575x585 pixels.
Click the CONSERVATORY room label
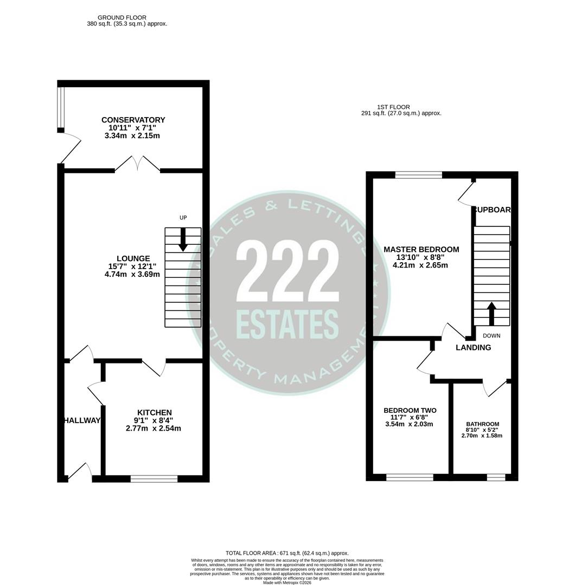click(x=133, y=120)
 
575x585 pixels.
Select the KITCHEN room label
click(x=154, y=413)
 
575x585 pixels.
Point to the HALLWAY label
click(x=82, y=421)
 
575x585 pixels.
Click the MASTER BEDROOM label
click(x=421, y=250)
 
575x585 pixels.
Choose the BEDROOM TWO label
click(x=410, y=411)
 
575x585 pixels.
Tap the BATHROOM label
click(x=482, y=424)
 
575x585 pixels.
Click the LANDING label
click(x=473, y=348)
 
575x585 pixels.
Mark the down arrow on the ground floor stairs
click(x=183, y=239)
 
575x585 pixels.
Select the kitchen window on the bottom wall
click(x=154, y=478)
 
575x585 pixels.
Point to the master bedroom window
click(x=418, y=174)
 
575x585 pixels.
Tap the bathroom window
click(x=495, y=477)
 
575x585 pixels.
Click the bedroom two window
click(x=410, y=477)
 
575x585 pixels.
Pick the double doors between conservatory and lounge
click(x=137, y=165)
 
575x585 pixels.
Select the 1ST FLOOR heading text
click(x=393, y=107)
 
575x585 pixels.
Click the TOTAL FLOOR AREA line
click(x=287, y=553)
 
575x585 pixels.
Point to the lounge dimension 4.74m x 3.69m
click(x=132, y=274)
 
